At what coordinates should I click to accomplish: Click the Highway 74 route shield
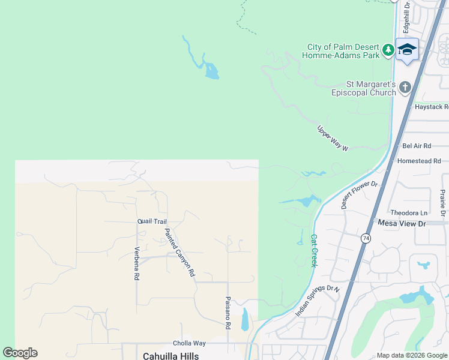tap(366, 238)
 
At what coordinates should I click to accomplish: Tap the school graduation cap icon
tap(407, 49)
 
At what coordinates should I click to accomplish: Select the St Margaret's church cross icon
tap(405, 88)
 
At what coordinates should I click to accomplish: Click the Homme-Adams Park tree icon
tap(388, 49)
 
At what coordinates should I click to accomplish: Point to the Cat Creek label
tap(313, 250)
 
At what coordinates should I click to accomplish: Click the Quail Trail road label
tap(152, 221)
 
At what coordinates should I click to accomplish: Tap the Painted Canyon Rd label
tap(180, 252)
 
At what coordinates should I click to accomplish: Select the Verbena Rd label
tap(137, 263)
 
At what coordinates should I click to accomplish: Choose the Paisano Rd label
tap(228, 313)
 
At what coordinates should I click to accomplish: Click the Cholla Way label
tap(189, 343)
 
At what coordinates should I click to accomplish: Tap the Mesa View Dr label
tap(402, 223)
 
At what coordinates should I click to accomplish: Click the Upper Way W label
tap(333, 139)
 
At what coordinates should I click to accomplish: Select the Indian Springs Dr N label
tap(318, 301)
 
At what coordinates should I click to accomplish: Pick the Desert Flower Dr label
tap(359, 194)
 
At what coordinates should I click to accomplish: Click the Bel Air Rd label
tap(417, 146)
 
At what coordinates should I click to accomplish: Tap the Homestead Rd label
tap(419, 161)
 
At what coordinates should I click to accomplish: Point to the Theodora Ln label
tap(409, 212)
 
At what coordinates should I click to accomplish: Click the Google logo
tap(20, 353)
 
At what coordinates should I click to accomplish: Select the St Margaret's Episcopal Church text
tap(364, 88)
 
